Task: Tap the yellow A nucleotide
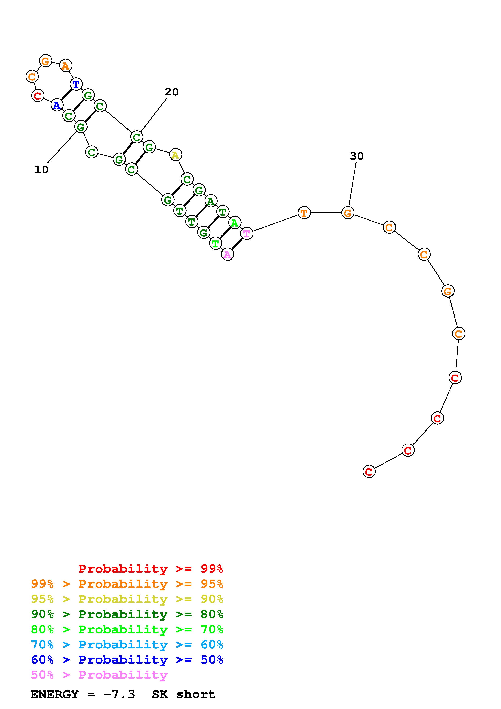175,155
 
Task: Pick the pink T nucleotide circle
246,233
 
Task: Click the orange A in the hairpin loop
65,65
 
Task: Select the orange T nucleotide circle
304,212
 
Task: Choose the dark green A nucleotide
211,201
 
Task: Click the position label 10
42,170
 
